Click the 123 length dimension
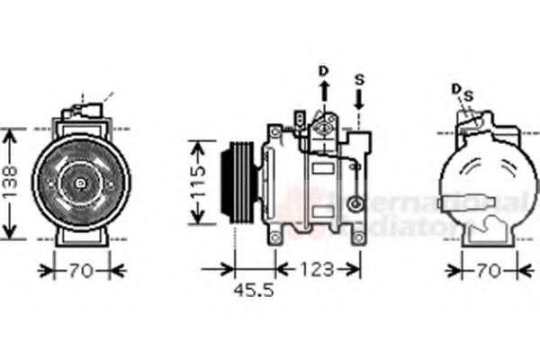(316, 268)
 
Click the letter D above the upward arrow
(324, 69)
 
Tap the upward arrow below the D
(324, 93)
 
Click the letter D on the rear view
(456, 88)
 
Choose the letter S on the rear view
(468, 94)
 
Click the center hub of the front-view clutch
(80, 184)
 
